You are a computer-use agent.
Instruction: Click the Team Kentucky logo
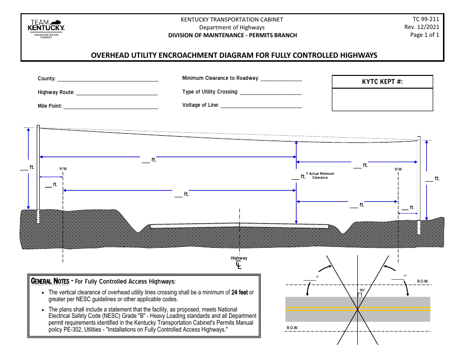click(x=47, y=29)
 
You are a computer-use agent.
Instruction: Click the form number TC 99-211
click(x=426, y=20)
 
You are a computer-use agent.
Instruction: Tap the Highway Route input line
click(x=117, y=93)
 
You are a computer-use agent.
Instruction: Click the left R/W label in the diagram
click(x=63, y=169)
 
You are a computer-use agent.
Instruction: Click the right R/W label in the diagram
click(x=398, y=169)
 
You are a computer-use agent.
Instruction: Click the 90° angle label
click(x=362, y=290)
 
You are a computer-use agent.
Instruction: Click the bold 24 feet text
click(x=240, y=292)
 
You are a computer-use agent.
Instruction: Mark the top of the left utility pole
click(x=38, y=126)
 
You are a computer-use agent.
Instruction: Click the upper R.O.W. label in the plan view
click(x=423, y=281)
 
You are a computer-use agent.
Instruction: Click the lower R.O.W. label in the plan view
click(x=292, y=328)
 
